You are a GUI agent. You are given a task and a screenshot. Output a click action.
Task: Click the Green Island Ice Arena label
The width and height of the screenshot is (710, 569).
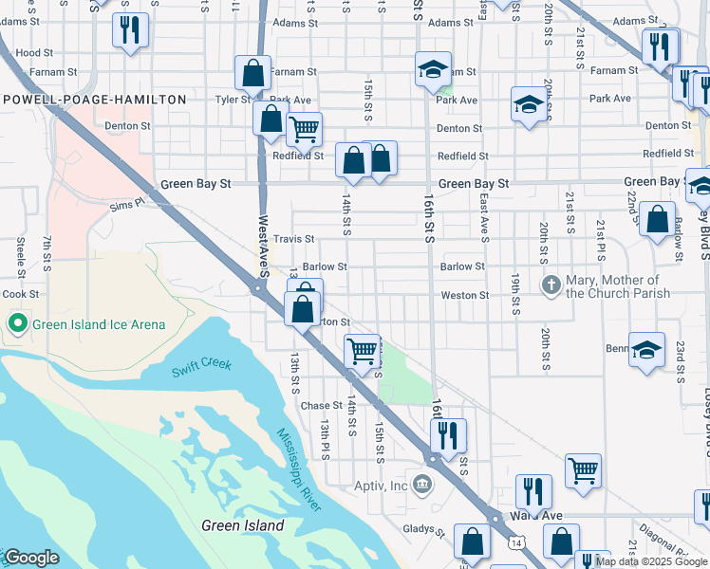click(x=99, y=324)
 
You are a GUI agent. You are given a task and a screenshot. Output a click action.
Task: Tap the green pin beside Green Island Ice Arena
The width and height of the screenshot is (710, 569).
click(x=16, y=324)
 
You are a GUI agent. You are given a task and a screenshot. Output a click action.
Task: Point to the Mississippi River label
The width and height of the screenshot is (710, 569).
click(x=299, y=469)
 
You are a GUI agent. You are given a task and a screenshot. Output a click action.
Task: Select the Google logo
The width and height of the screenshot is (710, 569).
click(x=31, y=559)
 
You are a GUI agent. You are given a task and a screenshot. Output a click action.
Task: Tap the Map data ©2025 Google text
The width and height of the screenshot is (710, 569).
click(x=650, y=561)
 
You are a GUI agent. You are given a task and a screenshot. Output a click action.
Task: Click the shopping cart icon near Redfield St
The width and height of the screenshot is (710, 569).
click(x=304, y=129)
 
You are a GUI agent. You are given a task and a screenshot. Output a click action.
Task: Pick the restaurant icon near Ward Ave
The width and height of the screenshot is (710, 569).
click(x=534, y=491)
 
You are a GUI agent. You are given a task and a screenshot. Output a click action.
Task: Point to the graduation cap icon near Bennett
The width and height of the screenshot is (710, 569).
click(x=646, y=351)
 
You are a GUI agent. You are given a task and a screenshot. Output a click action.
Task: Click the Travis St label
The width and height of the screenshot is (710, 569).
click(x=293, y=239)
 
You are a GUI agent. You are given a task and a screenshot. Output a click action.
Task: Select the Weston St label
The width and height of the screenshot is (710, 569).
click(x=464, y=296)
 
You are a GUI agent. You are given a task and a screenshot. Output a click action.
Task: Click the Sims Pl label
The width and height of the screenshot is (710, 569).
click(x=125, y=204)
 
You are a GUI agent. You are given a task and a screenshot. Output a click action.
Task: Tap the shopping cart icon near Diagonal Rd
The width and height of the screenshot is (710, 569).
click(x=583, y=470)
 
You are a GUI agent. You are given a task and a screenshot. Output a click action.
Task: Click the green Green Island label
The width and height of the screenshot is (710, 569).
click(x=243, y=525)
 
